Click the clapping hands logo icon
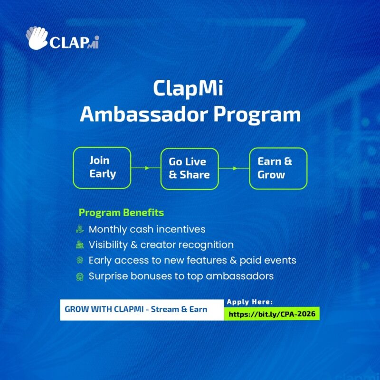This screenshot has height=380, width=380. [x=38, y=38]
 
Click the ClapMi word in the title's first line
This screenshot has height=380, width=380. [x=190, y=88]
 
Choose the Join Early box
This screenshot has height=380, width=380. [x=102, y=168]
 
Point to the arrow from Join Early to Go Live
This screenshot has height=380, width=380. [x=145, y=168]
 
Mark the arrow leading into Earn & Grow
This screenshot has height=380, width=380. [x=234, y=168]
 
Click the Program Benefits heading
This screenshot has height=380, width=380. [x=121, y=212]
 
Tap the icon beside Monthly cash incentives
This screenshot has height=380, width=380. [x=80, y=229]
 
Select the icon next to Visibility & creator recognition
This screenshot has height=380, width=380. [x=80, y=245]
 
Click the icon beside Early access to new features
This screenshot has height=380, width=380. [x=80, y=260]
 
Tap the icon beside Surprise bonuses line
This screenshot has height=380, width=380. [x=80, y=276]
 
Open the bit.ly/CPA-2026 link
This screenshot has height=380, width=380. [x=272, y=313]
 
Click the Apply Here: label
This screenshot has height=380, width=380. [x=250, y=302]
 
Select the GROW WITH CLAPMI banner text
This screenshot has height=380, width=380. [x=136, y=309]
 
